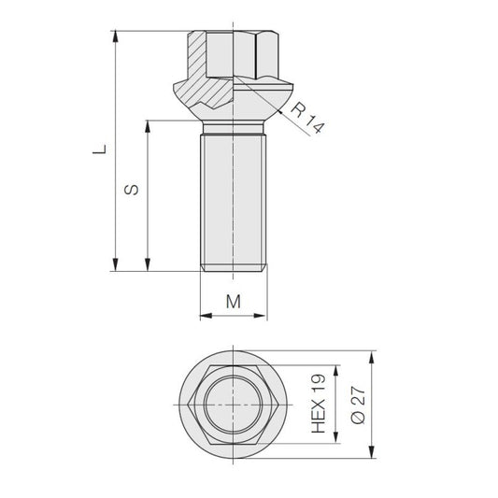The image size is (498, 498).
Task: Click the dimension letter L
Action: pos(100,149)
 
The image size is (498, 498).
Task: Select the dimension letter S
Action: pos(132,190)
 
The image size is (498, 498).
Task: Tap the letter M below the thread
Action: pos(234,302)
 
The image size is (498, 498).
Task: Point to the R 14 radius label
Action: pos(307,118)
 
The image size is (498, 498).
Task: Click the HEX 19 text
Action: pos(319,404)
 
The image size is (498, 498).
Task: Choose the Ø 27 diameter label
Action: pos(359,405)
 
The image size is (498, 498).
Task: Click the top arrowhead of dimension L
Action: pos(115,36)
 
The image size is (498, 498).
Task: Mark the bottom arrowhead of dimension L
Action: pos(115,265)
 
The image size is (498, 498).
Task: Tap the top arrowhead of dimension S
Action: pos(148,126)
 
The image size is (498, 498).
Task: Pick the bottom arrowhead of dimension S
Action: pos(148,265)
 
